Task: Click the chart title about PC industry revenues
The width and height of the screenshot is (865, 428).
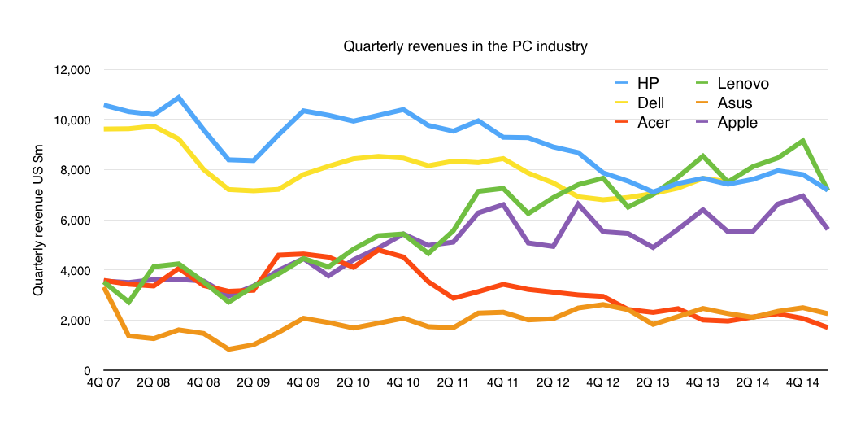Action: tap(465, 46)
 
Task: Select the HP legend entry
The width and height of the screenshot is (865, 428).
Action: tap(648, 83)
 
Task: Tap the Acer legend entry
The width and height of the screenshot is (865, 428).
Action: tap(654, 123)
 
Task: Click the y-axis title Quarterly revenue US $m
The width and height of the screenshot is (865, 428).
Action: tap(37, 221)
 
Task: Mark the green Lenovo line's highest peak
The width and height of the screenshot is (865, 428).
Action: tap(803, 141)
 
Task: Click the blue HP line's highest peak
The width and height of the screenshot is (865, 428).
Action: tap(178, 98)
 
